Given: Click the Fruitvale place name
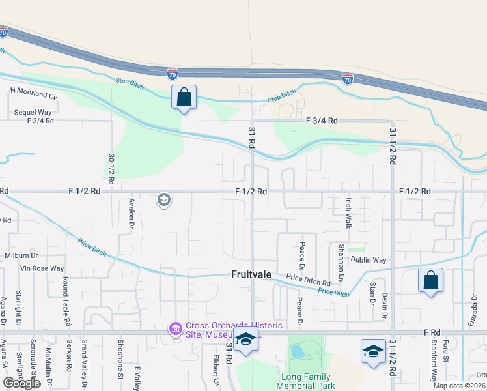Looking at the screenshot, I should (251, 275).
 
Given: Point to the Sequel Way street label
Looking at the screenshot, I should (33, 112).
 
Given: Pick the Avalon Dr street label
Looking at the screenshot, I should (132, 213).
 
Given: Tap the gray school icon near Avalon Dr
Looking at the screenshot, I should (164, 200).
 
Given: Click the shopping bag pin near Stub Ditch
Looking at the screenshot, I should (184, 98).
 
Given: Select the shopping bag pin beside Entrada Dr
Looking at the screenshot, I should (430, 281).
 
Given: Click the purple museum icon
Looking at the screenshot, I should (175, 329).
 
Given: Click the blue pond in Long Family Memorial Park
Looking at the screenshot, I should (298, 352).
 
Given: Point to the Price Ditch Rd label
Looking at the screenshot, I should (309, 278).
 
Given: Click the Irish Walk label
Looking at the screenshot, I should (348, 214).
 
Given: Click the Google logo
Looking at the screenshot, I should (21, 383).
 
